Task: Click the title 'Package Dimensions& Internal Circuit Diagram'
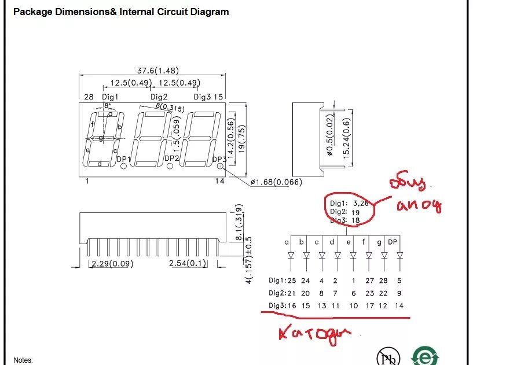pos(121,12)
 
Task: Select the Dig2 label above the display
pos(159,97)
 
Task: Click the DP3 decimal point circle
pos(221,166)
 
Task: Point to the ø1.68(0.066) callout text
pos(276,183)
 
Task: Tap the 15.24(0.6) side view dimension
pos(347,137)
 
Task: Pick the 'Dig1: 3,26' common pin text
pos(349,204)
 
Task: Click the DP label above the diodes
pos(393,242)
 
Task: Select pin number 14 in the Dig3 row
pos(399,305)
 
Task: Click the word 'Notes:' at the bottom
pos(23,360)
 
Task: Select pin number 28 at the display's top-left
pos(89,97)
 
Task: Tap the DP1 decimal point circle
pos(123,166)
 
